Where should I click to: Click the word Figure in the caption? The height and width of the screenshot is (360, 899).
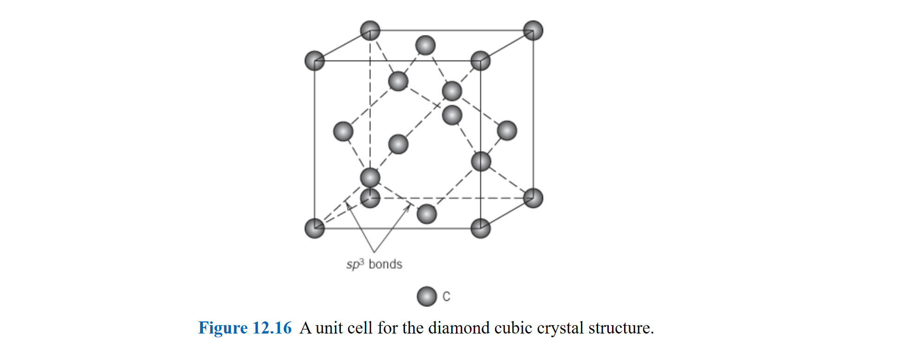223,328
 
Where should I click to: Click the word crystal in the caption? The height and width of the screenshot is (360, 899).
560,328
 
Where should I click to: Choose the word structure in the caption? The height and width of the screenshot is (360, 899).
620,328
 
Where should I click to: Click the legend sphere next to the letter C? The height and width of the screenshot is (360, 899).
426,296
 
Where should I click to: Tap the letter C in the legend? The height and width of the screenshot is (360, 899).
446,296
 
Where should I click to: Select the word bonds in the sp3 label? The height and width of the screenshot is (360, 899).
385,264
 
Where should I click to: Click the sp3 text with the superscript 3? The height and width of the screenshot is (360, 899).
355,264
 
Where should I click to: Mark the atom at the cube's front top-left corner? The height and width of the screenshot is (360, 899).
314,61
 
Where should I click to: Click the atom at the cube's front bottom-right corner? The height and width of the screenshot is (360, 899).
481,229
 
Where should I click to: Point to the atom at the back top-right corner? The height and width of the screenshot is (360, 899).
533,31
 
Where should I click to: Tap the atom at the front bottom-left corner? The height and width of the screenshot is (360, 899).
314,229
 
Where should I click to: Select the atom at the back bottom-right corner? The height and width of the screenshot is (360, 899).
533,198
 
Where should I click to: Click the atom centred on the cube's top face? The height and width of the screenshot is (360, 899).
425,46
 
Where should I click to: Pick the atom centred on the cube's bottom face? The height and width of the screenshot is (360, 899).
427,214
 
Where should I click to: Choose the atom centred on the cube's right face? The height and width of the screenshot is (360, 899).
507,131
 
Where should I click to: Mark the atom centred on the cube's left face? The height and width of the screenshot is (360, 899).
343,131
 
